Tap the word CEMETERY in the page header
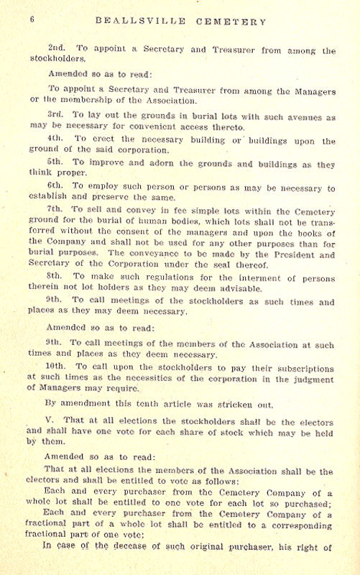233,22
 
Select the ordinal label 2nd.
57,50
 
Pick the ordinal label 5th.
57,162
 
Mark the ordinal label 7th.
57,209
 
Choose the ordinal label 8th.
57,275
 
